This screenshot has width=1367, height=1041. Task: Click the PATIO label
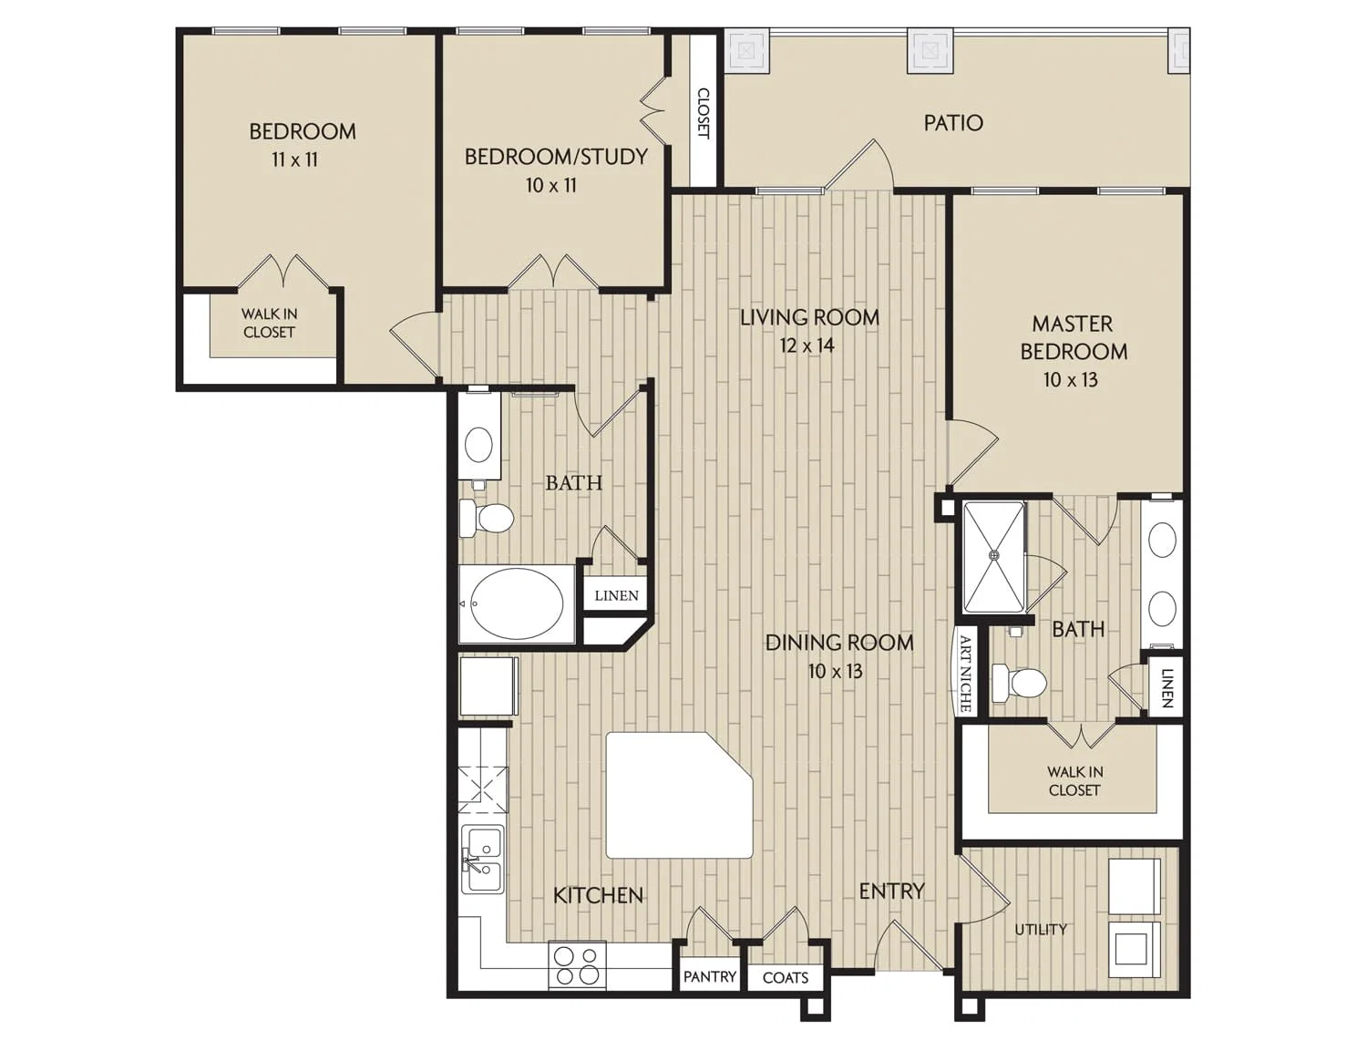coord(953,123)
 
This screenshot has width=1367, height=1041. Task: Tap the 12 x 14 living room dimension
coord(807,345)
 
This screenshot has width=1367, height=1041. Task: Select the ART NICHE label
coord(965,674)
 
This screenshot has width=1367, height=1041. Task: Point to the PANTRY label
coord(710,976)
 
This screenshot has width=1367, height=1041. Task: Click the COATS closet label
coord(786,977)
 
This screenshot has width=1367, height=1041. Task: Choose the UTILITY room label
coord(1041,930)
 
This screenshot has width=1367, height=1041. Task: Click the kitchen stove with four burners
coord(577,965)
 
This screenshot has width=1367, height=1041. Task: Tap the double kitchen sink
coord(483,860)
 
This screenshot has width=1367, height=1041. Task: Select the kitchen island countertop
coord(679,796)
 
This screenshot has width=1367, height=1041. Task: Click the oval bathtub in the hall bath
coord(517,603)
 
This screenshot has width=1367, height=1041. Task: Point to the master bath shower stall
coord(993,556)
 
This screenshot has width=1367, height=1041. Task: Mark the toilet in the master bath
coord(1018,683)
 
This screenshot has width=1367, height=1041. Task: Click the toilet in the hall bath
coord(487,518)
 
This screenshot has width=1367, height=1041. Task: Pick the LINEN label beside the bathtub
coord(616,595)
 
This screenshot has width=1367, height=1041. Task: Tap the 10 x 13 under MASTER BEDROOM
coord(1070,379)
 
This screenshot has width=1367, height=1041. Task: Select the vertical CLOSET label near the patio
coord(704,113)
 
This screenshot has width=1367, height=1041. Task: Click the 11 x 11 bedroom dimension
coord(294,160)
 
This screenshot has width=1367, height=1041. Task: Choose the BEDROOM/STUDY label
coord(556,157)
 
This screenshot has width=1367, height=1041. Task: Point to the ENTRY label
coord(891,892)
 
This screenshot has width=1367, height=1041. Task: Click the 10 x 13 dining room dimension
coord(835,671)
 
